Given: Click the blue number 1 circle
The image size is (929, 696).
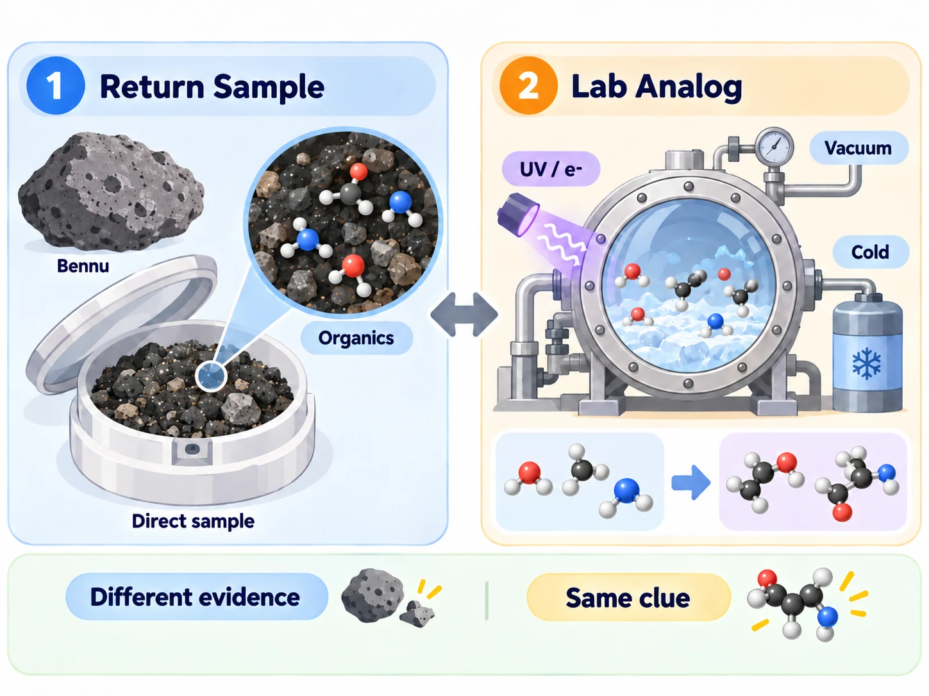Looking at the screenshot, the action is click(55, 85).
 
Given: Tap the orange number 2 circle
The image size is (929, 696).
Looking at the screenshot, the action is click(528, 85).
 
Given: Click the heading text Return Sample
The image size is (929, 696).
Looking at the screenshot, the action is click(212, 87).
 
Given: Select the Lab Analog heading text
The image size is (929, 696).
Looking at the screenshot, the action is click(657, 87).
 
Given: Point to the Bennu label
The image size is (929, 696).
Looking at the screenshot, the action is click(83, 266).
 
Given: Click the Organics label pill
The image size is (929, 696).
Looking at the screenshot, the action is click(356, 338).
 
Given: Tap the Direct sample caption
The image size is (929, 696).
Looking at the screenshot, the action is click(193, 521).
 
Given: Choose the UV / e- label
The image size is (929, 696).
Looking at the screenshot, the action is click(551, 169).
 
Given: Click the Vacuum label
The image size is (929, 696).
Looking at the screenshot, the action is click(858, 148).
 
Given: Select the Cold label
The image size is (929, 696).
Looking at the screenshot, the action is click(870, 252).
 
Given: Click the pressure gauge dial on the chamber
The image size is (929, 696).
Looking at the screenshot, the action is click(774, 147).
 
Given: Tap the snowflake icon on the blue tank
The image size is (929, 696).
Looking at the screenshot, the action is click(867, 363).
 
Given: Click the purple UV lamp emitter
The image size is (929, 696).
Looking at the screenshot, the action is click(517, 214).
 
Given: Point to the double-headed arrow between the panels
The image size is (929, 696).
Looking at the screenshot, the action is click(464, 315).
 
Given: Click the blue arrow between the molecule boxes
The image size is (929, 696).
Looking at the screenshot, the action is click(690, 483).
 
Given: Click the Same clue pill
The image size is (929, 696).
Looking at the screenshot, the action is click(628, 597).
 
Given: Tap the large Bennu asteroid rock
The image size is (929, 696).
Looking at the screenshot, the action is click(111, 192).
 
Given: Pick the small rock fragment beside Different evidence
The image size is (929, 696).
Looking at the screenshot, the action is click(417, 614).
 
